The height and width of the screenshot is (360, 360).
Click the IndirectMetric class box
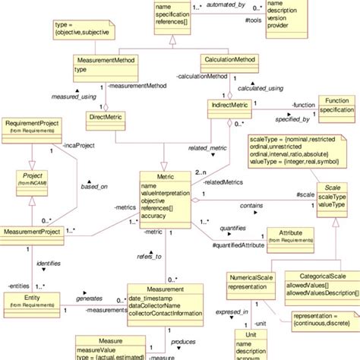point(229,106)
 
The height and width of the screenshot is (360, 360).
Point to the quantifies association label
point(235,228)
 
